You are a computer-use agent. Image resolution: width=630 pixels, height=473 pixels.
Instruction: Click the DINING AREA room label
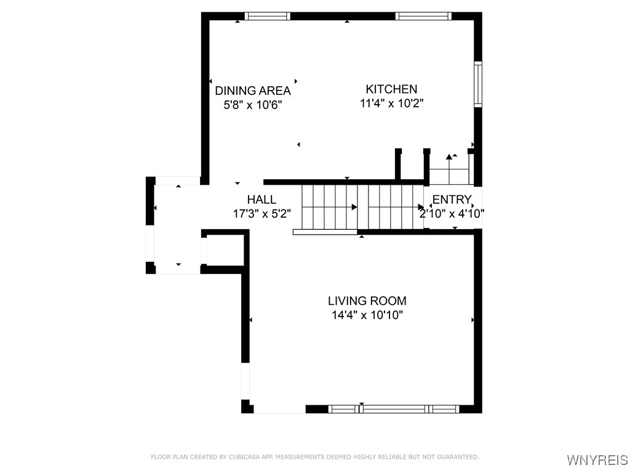(252, 91)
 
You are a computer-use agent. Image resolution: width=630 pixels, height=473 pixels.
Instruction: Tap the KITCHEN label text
(391, 89)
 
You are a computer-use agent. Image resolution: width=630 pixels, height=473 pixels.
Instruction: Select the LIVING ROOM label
(367, 301)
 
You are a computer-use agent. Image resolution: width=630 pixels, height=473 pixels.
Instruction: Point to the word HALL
(261, 200)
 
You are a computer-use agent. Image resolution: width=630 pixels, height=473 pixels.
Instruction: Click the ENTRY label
(452, 200)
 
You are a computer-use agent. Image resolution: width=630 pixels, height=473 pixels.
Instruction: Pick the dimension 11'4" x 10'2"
(391, 103)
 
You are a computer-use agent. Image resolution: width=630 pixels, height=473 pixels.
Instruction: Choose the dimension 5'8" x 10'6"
(252, 105)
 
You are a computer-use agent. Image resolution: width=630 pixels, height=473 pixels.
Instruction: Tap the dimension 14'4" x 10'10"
(367, 315)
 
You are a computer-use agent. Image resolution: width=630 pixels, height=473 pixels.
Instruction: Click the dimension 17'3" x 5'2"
(261, 214)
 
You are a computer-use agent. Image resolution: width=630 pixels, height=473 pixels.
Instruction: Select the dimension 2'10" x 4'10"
(452, 214)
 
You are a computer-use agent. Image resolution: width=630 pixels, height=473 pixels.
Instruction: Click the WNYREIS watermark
(597, 460)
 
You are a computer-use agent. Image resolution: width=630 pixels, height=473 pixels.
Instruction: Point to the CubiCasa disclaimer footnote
(315, 457)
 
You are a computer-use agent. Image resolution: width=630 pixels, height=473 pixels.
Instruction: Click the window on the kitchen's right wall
(477, 84)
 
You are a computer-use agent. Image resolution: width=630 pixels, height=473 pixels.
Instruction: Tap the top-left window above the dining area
(267, 17)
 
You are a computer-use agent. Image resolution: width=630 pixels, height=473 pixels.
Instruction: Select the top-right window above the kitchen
(423, 17)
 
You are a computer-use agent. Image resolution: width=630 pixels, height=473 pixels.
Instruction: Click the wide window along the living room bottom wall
(394, 408)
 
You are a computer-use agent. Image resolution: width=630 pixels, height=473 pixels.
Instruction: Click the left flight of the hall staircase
(329, 207)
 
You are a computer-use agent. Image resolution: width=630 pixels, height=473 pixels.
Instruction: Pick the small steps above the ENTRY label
(449, 169)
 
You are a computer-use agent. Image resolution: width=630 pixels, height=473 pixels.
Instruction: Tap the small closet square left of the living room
(225, 249)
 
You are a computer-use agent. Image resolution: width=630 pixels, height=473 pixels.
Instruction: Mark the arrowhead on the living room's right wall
(472, 320)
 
